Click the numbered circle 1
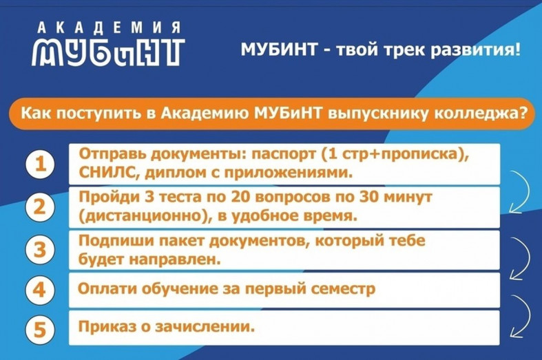40,164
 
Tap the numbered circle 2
40,207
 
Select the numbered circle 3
40,250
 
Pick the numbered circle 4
40,290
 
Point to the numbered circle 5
40,328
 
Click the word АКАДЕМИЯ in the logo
109,28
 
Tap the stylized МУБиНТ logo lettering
108,53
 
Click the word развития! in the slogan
476,50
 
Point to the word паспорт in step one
284,154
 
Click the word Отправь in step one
113,154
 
